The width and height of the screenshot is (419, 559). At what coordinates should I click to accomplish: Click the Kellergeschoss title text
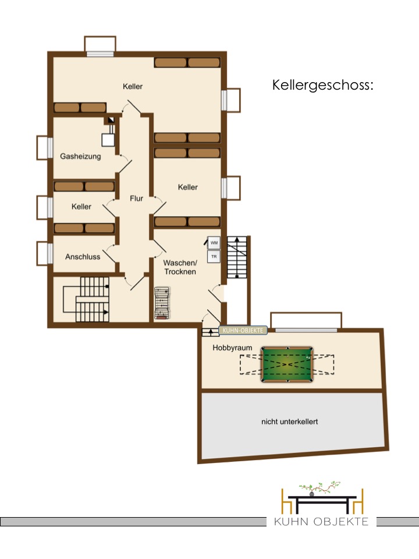pyautogui.click(x=323, y=86)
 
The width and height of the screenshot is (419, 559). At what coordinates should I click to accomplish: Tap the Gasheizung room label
pyautogui.click(x=80, y=156)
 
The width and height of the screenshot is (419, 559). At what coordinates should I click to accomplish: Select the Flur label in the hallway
pyautogui.click(x=136, y=198)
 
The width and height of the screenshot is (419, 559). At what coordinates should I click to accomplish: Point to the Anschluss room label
pyautogui.click(x=83, y=257)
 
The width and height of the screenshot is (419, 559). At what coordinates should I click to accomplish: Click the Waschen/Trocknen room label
pyautogui.click(x=180, y=267)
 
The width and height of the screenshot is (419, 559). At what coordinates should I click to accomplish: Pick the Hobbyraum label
pyautogui.click(x=232, y=348)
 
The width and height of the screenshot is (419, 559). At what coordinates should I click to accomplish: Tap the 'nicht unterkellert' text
pyautogui.click(x=290, y=422)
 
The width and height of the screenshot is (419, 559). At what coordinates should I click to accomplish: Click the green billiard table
pyautogui.click(x=287, y=365)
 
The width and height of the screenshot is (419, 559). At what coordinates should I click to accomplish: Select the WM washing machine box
pyautogui.click(x=214, y=243)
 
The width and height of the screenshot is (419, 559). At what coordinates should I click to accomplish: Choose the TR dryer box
pyautogui.click(x=214, y=256)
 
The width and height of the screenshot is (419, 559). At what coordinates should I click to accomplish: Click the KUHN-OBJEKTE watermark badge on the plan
pyautogui.click(x=243, y=331)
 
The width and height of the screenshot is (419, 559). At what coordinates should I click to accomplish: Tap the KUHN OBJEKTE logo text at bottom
pyautogui.click(x=321, y=522)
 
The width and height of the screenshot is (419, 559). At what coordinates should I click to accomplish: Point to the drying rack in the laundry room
pyautogui.click(x=162, y=303)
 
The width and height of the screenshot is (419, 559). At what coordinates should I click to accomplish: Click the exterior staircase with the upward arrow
pyautogui.click(x=237, y=257)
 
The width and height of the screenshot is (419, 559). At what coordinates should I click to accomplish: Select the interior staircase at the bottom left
pyautogui.click(x=86, y=299)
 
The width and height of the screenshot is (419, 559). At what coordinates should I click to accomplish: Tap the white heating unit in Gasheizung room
pyautogui.click(x=108, y=140)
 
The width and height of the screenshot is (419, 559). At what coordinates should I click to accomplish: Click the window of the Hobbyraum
pyautogui.click(x=306, y=330)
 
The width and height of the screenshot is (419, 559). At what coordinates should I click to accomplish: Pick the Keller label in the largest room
pyautogui.click(x=133, y=86)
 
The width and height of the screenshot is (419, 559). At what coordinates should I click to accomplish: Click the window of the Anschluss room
pyautogui.click(x=50, y=253)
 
